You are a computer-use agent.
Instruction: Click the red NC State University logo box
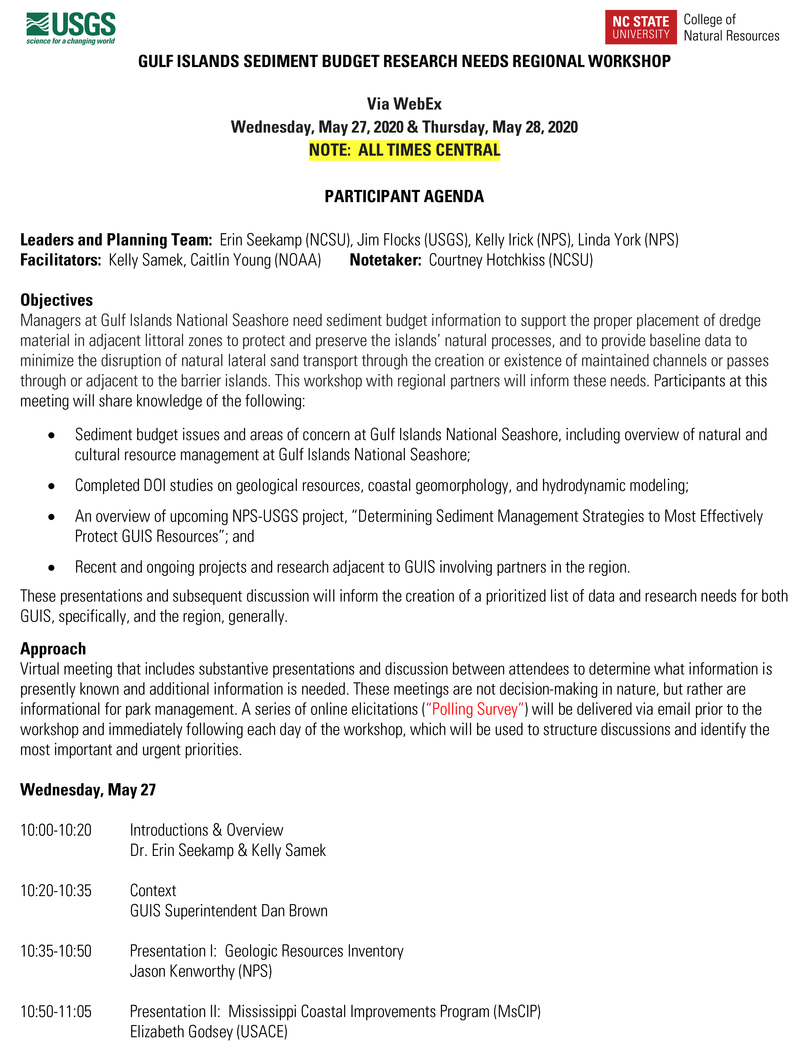pos(641,27)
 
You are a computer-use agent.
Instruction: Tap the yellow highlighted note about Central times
pos(404,150)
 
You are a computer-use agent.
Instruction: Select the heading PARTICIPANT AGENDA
pos(404,196)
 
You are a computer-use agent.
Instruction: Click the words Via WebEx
pos(404,104)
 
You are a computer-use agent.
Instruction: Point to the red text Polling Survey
pos(475,709)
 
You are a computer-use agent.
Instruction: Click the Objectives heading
pos(56,300)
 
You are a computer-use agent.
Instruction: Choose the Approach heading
pos(53,649)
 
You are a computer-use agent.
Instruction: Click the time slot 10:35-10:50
pos(56,951)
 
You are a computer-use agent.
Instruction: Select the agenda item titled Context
pos(153,890)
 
